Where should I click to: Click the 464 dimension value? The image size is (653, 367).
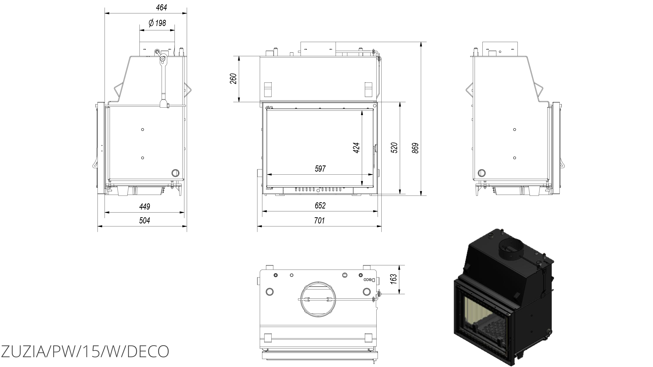pos(161,8)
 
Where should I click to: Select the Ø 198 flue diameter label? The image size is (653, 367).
pos(157,23)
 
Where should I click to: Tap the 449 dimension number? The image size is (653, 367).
pos(145,207)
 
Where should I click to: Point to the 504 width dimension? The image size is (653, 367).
pos(145,221)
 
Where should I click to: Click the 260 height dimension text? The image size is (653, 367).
pos(233,79)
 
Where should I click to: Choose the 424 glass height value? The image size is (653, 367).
pos(356,148)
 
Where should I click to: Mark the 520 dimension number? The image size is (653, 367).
pos(394,148)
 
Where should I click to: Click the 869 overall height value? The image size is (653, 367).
pos(415,148)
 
